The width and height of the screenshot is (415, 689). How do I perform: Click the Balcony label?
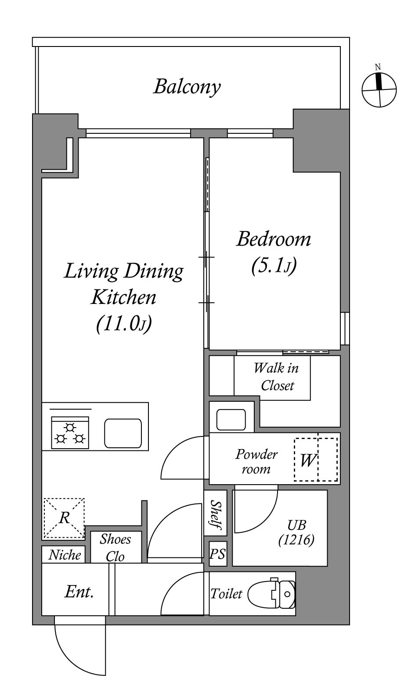point(187,87)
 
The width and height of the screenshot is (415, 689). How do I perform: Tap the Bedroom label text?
point(274,239)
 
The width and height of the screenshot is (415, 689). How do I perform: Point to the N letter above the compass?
point(378,67)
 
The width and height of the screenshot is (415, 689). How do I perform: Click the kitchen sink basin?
point(123,433)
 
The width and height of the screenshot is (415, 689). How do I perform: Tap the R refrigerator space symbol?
point(64,518)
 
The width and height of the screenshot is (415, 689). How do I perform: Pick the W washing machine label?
point(308,461)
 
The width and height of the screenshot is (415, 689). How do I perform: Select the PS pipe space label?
point(218,554)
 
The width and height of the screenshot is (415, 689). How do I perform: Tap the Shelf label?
point(216,515)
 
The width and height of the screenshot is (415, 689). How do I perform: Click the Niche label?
point(65,555)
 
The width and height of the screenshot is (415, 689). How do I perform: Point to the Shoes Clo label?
point(115,548)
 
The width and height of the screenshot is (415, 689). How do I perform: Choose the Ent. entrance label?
point(79,592)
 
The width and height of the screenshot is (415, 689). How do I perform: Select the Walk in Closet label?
point(276,377)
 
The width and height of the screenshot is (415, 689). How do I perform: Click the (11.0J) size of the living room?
point(124,324)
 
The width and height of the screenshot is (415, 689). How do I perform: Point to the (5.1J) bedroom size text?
point(274,266)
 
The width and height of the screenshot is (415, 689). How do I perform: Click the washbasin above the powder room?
point(231,420)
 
